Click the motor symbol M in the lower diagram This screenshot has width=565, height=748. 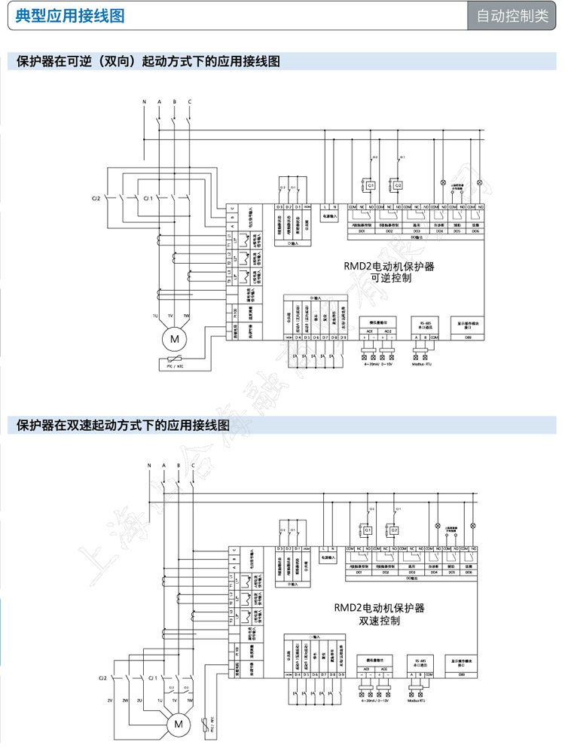(179, 724)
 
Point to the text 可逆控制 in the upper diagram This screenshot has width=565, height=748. (389, 278)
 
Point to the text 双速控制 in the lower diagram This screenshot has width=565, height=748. (379, 621)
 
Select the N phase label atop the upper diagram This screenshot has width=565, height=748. (145, 101)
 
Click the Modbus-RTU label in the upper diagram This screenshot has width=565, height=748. (423, 363)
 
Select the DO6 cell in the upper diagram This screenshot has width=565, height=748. (475, 231)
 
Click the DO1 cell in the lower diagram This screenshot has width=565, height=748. (359, 572)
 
